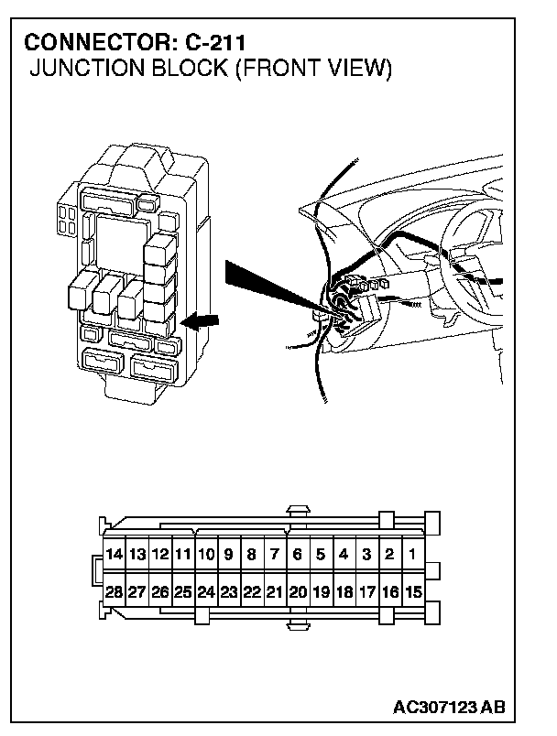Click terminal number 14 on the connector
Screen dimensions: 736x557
pos(114,554)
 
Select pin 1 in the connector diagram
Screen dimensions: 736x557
pos(413,554)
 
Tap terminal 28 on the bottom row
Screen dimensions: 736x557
pos(114,592)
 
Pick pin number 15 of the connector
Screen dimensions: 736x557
pos(413,592)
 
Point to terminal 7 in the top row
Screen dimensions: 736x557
pos(274,554)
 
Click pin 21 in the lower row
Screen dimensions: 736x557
pos(274,592)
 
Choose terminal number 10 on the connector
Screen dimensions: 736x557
pos(205,554)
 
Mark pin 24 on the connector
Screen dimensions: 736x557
pos(205,592)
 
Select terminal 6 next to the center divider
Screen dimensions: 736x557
pos(298,554)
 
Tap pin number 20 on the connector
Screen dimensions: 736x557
pos(298,592)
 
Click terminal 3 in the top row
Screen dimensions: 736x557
pos(366,554)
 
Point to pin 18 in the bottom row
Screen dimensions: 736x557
pos(344,592)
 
